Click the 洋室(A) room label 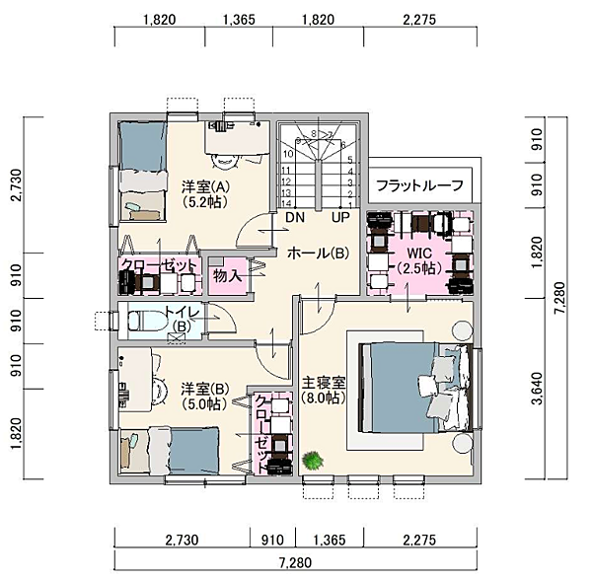click(x=205, y=186)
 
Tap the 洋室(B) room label click(x=204, y=389)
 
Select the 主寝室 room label click(x=324, y=384)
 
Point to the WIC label click(x=419, y=253)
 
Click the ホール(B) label click(x=318, y=254)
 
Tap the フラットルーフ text click(x=419, y=185)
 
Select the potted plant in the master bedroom click(x=313, y=461)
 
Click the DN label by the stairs click(x=295, y=218)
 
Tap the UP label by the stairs click(x=340, y=218)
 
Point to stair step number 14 click(x=286, y=204)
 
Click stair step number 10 click(x=288, y=154)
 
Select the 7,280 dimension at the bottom click(x=296, y=563)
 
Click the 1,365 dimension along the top click(x=239, y=20)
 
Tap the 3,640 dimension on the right click(x=538, y=389)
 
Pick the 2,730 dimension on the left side click(x=16, y=185)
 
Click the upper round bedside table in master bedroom click(x=462, y=330)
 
